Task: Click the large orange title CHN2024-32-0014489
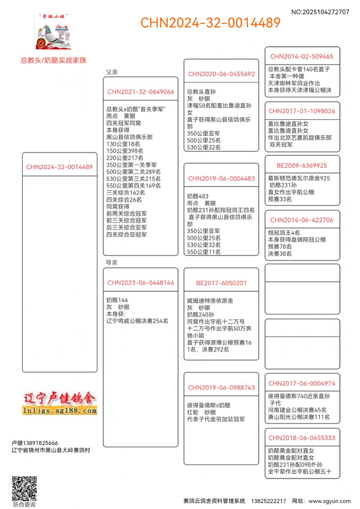(x=210, y=23)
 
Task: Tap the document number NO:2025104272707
(x=320, y=12)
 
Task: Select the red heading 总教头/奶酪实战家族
(x=53, y=60)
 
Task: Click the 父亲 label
(x=112, y=72)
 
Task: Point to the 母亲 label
(x=112, y=262)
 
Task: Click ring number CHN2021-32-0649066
(x=141, y=92)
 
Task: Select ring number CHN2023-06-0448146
(x=141, y=283)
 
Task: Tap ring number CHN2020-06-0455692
(x=221, y=74)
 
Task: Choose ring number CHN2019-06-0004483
(x=221, y=179)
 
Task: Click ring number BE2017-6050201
(x=221, y=283)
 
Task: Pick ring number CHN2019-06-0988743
(x=221, y=388)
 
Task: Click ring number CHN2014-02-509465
(x=302, y=57)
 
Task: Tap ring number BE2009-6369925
(x=302, y=166)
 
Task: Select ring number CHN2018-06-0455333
(x=302, y=438)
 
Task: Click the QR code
(x=24, y=488)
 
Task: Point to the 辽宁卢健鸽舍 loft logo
(x=60, y=403)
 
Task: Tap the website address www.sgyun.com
(x=329, y=501)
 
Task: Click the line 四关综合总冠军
(x=126, y=235)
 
